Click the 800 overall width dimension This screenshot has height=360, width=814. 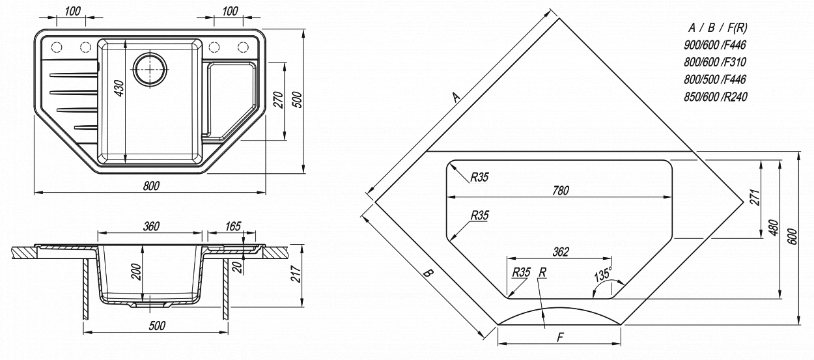point(151,186)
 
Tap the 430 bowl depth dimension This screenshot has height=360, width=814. point(119,89)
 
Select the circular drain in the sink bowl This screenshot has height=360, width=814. point(150,68)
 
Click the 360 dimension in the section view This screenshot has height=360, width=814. point(151,226)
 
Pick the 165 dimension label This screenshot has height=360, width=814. point(233,226)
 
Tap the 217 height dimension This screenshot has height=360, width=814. point(296,274)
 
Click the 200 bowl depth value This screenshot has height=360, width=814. point(136,271)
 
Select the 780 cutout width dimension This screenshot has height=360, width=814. point(560,190)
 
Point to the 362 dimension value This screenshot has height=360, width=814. point(560,251)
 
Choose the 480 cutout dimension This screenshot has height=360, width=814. point(774,228)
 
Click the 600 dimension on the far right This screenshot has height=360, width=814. point(793,236)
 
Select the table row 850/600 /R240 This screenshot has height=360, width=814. point(715,97)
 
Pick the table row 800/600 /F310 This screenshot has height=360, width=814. point(715,62)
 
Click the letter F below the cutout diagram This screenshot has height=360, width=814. point(560,337)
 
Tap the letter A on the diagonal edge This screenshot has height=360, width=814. point(456,96)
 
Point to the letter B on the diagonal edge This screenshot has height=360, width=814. point(428,273)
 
